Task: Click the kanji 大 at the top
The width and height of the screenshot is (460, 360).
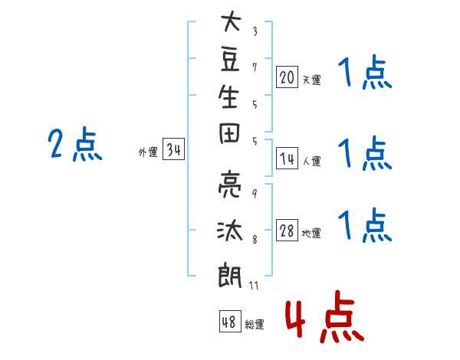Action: click(x=232, y=21)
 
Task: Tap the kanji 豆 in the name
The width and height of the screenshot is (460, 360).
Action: click(x=230, y=61)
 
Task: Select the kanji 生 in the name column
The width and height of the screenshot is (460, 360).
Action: click(x=228, y=97)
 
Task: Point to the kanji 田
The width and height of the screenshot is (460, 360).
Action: click(x=229, y=133)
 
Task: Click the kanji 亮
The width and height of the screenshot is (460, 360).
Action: click(x=230, y=185)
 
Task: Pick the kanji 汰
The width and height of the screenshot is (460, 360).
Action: click(x=230, y=231)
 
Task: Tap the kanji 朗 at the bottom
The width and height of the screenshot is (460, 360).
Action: click(x=230, y=276)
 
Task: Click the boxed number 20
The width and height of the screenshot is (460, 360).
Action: click(x=287, y=77)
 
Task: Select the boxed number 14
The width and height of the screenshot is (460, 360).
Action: click(x=287, y=159)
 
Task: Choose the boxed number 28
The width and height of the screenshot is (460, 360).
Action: click(x=287, y=230)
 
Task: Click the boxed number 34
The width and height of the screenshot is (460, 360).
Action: click(x=174, y=149)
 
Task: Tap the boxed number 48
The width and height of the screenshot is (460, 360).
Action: click(x=230, y=321)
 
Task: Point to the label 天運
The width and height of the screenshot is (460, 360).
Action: click(x=312, y=80)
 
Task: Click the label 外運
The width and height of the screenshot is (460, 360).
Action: click(x=148, y=152)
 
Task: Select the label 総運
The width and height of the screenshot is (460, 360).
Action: click(x=255, y=324)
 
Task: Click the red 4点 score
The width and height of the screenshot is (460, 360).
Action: click(x=324, y=316)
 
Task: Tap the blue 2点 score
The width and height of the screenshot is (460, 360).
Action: click(x=75, y=144)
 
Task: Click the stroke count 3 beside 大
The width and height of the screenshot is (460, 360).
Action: click(x=255, y=31)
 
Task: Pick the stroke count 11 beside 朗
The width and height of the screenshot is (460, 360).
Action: click(x=254, y=285)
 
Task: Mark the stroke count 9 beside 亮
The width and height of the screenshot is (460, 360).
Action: click(x=255, y=194)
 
